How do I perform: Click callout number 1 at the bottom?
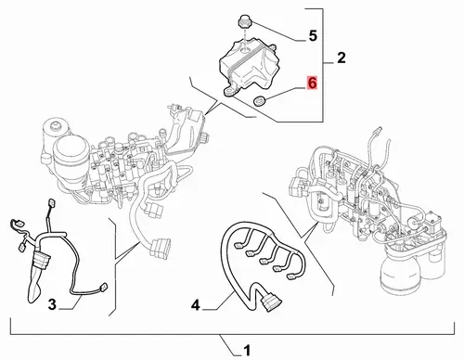[x=247, y=351]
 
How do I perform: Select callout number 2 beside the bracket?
[x=342, y=58]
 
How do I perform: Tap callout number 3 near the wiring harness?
[x=52, y=304]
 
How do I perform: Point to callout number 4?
[x=196, y=305]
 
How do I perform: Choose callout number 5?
[x=313, y=36]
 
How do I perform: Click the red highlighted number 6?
[x=312, y=83]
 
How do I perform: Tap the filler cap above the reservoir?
[x=244, y=23]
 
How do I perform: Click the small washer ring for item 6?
[x=258, y=100]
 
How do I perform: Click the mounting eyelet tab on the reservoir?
[x=229, y=91]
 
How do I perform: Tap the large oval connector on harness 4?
[x=271, y=302]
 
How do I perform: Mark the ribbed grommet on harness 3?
[x=42, y=260]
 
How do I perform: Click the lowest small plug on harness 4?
[x=290, y=277]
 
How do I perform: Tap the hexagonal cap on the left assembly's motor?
[x=56, y=126]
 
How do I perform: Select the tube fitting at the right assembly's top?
[x=378, y=130]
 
